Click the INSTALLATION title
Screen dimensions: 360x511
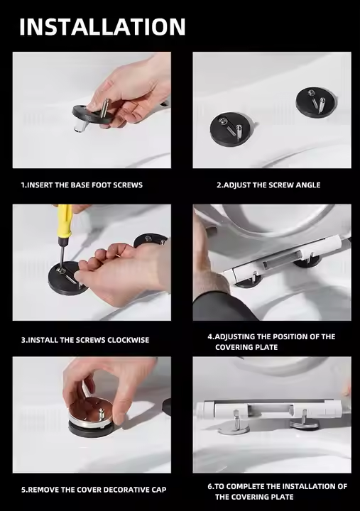[102, 27]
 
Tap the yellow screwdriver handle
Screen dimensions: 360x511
[64, 221]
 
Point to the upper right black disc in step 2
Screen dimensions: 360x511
[315, 102]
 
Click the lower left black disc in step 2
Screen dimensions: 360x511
[231, 129]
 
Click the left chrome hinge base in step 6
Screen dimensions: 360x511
[234, 427]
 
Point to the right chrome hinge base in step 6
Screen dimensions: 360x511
[305, 424]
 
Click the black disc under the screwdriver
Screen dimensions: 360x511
[67, 279]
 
